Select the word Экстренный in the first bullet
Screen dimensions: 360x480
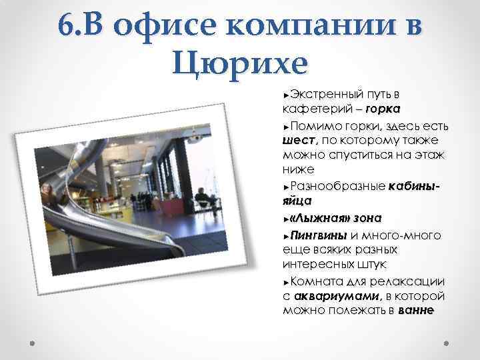324,93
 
